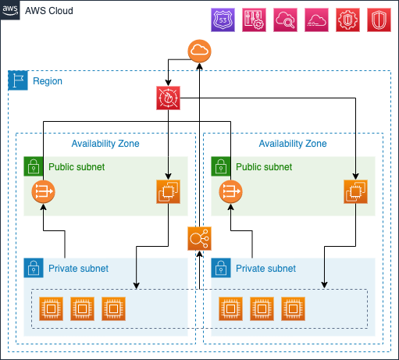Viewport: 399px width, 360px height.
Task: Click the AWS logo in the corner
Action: click(x=10, y=10)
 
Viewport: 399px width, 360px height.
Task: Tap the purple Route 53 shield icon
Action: click(x=223, y=20)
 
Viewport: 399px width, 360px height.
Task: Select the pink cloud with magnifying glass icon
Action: click(x=285, y=20)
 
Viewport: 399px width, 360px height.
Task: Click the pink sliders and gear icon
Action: click(x=254, y=20)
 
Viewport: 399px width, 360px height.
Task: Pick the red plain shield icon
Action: click(x=379, y=20)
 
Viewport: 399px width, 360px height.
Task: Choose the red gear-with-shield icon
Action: click(x=347, y=20)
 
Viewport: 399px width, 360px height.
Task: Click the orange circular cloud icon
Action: click(x=199, y=51)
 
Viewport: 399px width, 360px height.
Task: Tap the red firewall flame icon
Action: click(x=168, y=98)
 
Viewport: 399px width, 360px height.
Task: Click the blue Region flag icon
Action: click(x=18, y=80)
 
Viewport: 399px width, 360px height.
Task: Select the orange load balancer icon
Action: click(x=199, y=238)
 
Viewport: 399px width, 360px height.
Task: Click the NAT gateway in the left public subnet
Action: click(x=43, y=191)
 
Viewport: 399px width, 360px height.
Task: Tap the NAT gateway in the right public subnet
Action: click(x=230, y=191)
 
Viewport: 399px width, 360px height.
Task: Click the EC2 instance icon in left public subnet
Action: click(x=168, y=191)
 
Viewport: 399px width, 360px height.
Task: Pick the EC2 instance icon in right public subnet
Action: click(x=355, y=191)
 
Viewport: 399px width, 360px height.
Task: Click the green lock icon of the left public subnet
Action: click(x=34, y=166)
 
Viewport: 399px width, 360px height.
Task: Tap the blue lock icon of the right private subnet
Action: click(x=221, y=268)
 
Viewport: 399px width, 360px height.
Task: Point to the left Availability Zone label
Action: click(x=105, y=144)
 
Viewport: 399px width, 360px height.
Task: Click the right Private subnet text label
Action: click(x=265, y=269)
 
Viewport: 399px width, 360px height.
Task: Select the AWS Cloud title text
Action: click(x=49, y=11)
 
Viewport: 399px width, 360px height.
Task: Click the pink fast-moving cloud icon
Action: click(x=316, y=20)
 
